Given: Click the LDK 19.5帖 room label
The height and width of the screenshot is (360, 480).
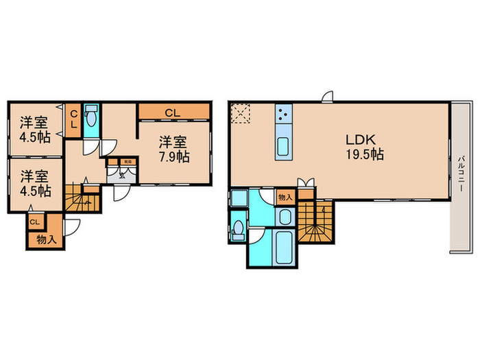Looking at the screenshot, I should tap(363, 147).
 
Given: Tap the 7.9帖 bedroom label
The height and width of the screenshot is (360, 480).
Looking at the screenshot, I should tap(174, 149).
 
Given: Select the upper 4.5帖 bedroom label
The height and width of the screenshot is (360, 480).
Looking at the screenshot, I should tap(34, 130).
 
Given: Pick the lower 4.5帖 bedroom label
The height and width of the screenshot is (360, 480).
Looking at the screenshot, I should tap(34, 182).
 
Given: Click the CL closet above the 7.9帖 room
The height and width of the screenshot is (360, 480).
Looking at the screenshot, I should tap(173, 111).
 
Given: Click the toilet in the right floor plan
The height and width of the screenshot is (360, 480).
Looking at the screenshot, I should tap(238, 228).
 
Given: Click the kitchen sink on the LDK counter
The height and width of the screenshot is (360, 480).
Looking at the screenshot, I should tap(283, 145).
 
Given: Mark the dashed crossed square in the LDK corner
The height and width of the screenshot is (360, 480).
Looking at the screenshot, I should tap(241, 112).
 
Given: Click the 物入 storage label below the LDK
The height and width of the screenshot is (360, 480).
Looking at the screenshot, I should tap(286, 197).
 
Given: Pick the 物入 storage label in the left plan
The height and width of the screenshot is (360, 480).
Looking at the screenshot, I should tap(45, 239).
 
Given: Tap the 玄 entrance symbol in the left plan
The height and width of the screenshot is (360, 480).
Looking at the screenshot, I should tap(122, 173).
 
